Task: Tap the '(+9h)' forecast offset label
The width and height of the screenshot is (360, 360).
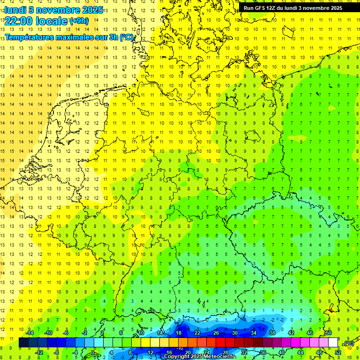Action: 78,21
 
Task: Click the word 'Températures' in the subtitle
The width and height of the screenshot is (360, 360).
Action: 30,37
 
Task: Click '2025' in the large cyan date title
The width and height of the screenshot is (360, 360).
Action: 93,9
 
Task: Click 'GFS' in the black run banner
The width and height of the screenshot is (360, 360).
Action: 262,8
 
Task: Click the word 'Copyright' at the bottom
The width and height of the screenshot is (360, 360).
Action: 177,357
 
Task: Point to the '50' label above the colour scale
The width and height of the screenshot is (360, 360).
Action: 328,333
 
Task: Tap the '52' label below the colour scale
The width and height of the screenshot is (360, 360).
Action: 337,352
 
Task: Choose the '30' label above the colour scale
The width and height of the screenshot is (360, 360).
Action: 234,333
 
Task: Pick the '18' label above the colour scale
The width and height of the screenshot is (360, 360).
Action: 178,333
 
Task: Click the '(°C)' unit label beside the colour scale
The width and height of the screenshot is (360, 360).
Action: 348,343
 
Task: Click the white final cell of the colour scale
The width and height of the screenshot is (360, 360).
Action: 333,343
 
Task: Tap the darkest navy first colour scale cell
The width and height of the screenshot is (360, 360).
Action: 23,343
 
